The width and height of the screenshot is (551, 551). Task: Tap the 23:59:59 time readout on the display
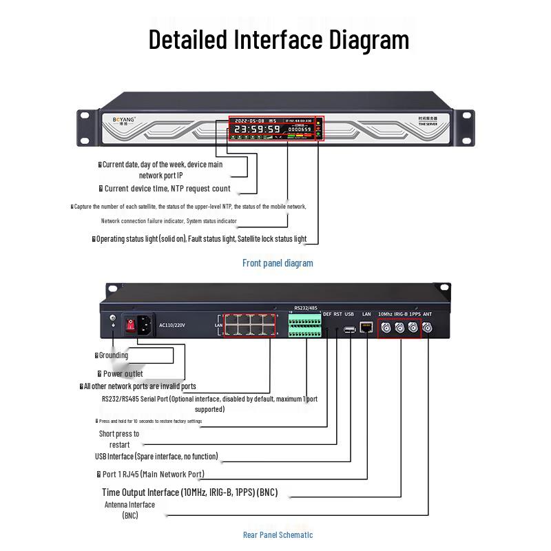tap(256, 129)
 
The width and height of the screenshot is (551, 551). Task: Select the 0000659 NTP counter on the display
tap(299, 129)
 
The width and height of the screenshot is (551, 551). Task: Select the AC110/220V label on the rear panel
tap(173, 324)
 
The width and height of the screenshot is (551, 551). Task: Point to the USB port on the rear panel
tap(350, 329)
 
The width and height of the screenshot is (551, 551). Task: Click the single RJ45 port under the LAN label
tap(366, 327)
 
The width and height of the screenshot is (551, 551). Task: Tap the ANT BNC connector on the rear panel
tap(428, 328)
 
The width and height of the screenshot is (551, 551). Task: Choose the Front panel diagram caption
tap(278, 262)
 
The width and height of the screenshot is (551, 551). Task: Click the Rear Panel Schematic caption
tap(278, 534)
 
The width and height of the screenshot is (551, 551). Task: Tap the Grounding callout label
tap(114, 355)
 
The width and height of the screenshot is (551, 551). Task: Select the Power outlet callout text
tap(123, 373)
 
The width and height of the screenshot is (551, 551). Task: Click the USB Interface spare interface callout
tap(156, 456)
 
